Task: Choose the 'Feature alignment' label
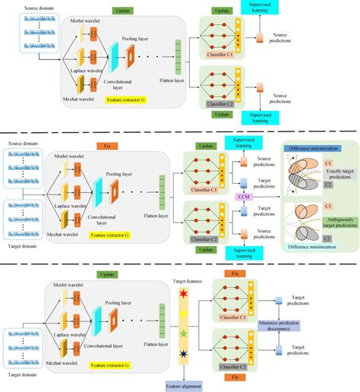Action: [183, 384]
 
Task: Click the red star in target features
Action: [182, 294]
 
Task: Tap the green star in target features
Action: [182, 332]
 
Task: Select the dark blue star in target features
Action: [182, 351]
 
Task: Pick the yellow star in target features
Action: [182, 313]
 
